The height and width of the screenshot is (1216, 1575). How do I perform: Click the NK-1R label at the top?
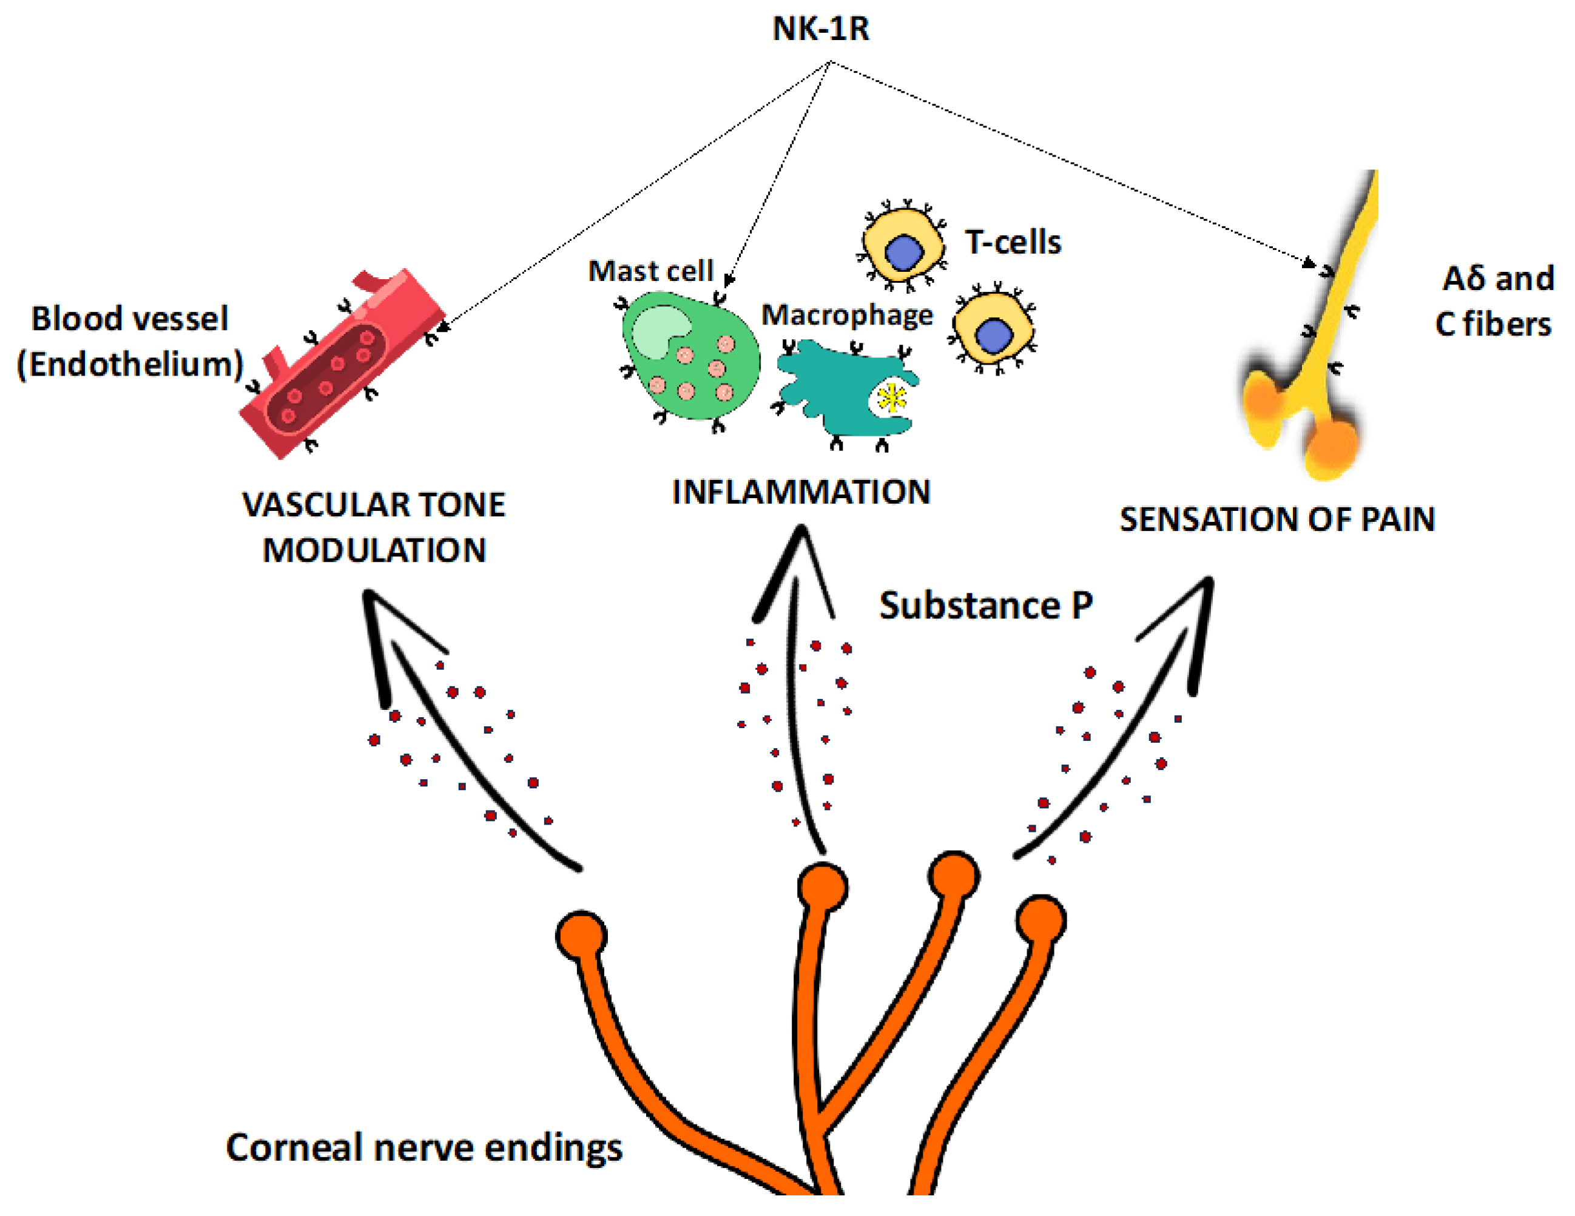pyautogui.click(x=821, y=30)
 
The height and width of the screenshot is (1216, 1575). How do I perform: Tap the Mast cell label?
pyautogui.click(x=650, y=271)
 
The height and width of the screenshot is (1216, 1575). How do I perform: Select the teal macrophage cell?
pyautogui.click(x=837, y=390)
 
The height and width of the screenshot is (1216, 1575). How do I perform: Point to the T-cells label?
pyautogui.click(x=1013, y=242)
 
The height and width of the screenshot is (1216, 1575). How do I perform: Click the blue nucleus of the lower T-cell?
pyautogui.click(x=993, y=335)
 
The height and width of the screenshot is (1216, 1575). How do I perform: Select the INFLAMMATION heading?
pyautogui.click(x=801, y=493)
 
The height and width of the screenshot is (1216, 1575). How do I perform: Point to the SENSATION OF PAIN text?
pyautogui.click(x=1277, y=519)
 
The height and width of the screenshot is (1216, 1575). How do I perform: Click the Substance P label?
pyautogui.click(x=986, y=605)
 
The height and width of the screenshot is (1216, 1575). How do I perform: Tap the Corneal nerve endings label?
pyautogui.click(x=424, y=1147)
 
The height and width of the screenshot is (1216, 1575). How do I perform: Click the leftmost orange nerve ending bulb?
pyautogui.click(x=581, y=936)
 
